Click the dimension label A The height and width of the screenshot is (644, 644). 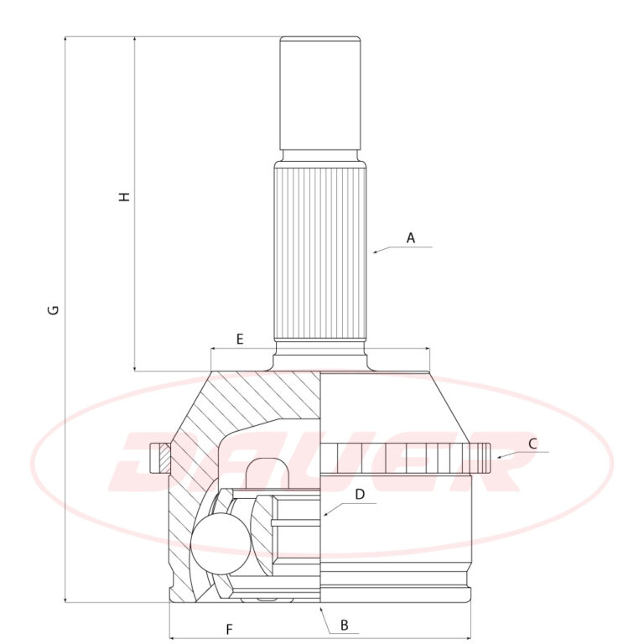click(410, 238)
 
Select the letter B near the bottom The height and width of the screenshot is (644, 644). click(345, 625)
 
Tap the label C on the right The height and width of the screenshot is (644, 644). click(532, 444)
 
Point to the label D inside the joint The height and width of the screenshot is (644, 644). click(360, 495)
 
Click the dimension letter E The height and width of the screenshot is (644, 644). click(240, 340)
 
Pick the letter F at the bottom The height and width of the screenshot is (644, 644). click(230, 629)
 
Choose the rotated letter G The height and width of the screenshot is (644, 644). click(54, 309)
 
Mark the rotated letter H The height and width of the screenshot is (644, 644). click(124, 196)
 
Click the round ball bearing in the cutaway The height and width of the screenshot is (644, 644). click(221, 543)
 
